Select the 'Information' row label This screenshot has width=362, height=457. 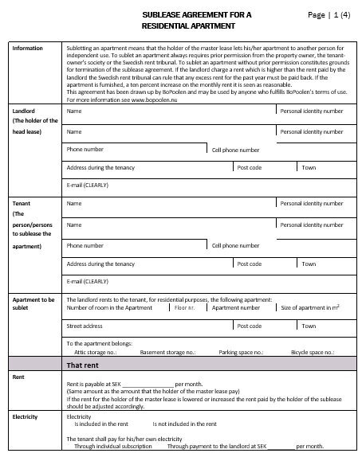click(28, 49)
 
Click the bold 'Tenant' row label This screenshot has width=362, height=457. click(22, 204)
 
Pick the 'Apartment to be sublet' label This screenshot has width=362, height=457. click(33, 303)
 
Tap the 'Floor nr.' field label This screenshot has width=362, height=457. click(186, 307)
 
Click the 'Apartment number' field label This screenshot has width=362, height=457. click(231, 307)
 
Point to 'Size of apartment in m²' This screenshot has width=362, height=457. click(310, 307)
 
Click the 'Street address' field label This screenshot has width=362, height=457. click(85, 326)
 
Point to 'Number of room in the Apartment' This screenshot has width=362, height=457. click(109, 307)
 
